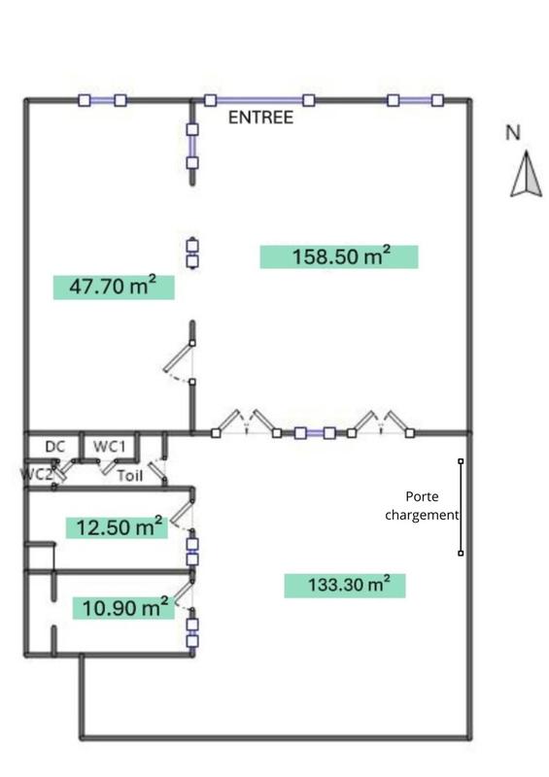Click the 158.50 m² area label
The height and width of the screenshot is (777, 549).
[339, 256]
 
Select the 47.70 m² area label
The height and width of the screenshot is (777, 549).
[113, 287]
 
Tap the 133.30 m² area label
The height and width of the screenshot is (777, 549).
[344, 586]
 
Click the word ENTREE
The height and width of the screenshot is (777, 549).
[260, 118]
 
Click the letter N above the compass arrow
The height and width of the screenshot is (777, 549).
[513, 133]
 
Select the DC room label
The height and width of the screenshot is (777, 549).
[56, 446]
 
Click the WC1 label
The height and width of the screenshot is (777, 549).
[110, 446]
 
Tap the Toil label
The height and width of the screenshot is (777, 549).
[129, 476]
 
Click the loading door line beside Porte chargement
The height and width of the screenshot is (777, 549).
[461, 507]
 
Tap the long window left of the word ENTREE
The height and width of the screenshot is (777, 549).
[258, 100]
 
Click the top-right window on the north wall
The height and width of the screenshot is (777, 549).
[415, 100]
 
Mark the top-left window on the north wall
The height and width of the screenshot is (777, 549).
[102, 100]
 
